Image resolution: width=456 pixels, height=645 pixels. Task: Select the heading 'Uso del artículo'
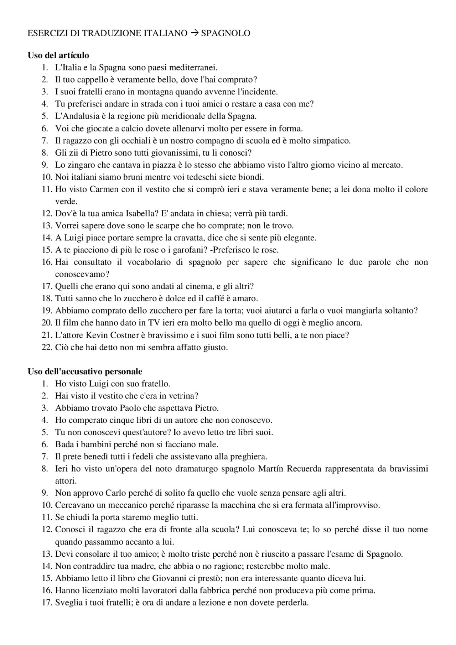coord(58,55)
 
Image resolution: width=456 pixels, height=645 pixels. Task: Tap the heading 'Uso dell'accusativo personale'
coord(85,371)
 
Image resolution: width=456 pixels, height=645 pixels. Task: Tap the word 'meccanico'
coord(113,505)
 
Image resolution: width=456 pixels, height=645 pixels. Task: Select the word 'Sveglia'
coord(68,602)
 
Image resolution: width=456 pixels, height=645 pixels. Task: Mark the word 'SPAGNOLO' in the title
coord(226,33)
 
